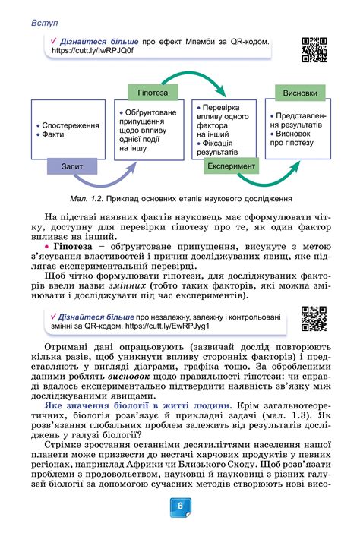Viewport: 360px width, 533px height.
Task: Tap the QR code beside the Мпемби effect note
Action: click(x=314, y=48)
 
